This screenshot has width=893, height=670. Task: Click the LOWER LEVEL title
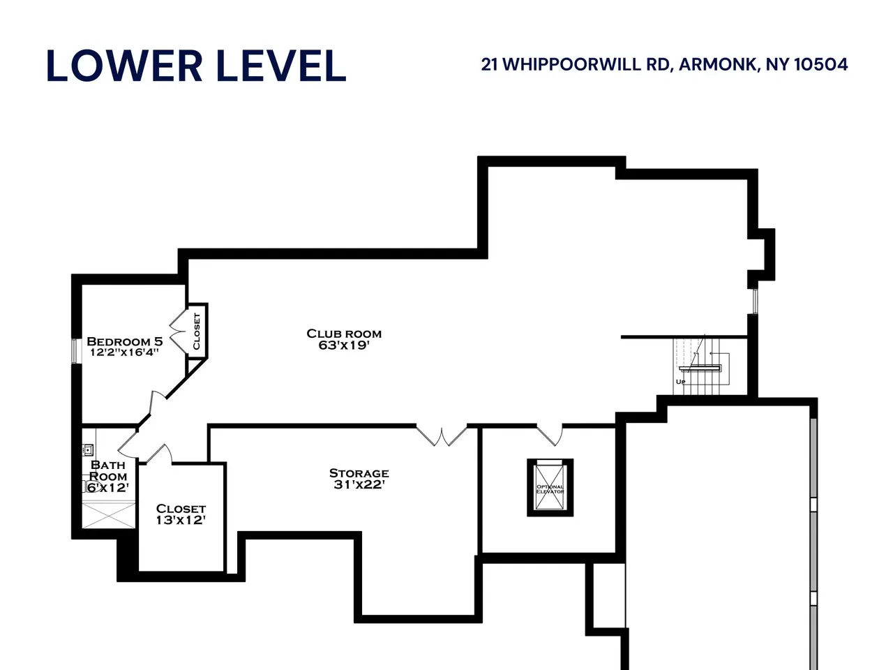click(x=196, y=66)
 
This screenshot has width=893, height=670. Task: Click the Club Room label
click(x=344, y=334)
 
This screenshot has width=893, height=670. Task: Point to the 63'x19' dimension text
click(x=344, y=345)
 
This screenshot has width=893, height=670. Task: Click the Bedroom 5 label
click(x=124, y=341)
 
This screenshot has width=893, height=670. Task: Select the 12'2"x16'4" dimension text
click(x=124, y=352)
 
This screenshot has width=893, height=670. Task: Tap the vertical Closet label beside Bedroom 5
click(x=197, y=331)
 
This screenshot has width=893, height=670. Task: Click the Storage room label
click(x=359, y=473)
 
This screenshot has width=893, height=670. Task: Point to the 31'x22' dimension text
click(x=359, y=484)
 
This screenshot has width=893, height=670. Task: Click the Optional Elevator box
click(x=550, y=488)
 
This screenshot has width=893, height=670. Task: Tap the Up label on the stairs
click(x=681, y=382)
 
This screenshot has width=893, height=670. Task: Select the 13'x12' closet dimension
click(x=181, y=520)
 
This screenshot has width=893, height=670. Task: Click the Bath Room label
click(x=108, y=470)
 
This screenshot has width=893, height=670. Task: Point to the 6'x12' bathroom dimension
click(x=108, y=487)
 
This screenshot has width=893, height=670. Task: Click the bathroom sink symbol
click(x=88, y=450)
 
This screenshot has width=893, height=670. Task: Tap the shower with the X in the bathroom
click(x=109, y=515)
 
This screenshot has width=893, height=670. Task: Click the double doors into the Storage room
click(x=442, y=435)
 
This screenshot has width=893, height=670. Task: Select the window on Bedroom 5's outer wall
click(x=74, y=350)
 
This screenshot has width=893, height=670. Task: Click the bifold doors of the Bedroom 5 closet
click(x=177, y=331)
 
